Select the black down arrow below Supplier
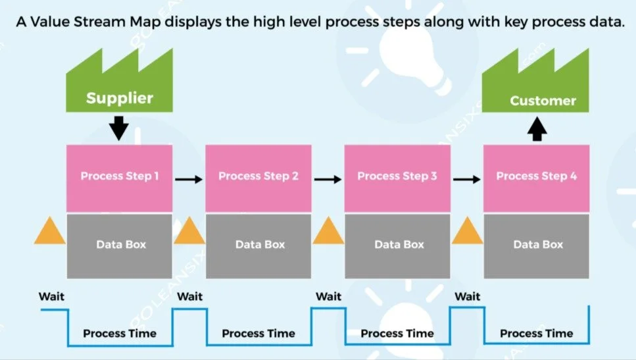coord(119,128)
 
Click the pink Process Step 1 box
coord(119,176)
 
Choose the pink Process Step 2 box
coord(258,176)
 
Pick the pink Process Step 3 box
coord(397,176)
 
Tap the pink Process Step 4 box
coord(536,176)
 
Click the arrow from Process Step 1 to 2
coord(189,178)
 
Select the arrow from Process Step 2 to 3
coord(328,178)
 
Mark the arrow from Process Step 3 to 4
coord(466,178)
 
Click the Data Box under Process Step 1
coord(119,245)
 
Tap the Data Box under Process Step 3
coord(397,245)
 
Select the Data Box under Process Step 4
coord(536,245)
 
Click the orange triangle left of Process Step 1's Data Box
coord(50,233)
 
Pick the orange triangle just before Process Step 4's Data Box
coord(468,233)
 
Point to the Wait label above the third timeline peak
coord(328,296)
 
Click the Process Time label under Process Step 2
coord(258,333)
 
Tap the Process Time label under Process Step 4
coord(536,333)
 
